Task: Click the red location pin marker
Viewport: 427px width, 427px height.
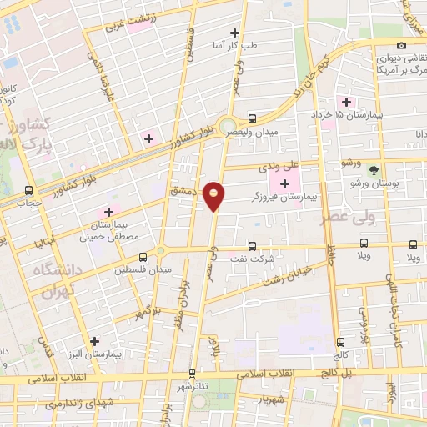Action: pyautogui.click(x=214, y=196)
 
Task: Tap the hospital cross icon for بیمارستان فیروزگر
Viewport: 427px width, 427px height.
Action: pyautogui.click(x=286, y=183)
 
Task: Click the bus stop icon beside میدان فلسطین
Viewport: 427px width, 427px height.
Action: pyautogui.click(x=143, y=255)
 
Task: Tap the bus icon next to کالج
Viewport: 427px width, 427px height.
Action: pyautogui.click(x=339, y=342)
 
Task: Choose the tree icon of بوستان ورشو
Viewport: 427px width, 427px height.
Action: pyautogui.click(x=384, y=169)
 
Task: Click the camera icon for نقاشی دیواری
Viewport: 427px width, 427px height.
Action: pyautogui.click(x=402, y=45)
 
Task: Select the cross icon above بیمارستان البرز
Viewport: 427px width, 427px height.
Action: pyautogui.click(x=94, y=341)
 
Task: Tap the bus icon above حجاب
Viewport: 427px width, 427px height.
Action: pyautogui.click(x=30, y=190)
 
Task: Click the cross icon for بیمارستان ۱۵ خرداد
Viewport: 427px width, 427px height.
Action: pyautogui.click(x=346, y=102)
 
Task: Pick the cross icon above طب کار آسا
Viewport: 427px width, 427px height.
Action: pyautogui.click(x=243, y=32)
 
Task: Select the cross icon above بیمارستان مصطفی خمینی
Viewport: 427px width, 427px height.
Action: pyautogui.click(x=107, y=212)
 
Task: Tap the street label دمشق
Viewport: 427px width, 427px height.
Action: pyautogui.click(x=181, y=190)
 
